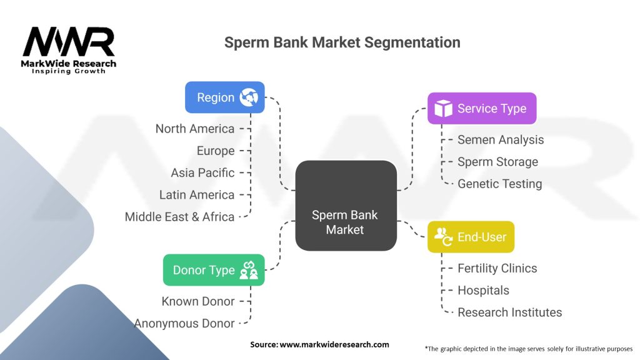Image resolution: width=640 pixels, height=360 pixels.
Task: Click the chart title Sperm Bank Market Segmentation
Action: click(342, 42)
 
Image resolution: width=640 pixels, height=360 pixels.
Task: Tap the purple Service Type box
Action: click(481, 109)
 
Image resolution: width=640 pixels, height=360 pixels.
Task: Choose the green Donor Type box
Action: click(213, 270)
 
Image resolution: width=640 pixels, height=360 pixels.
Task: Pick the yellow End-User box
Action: click(471, 237)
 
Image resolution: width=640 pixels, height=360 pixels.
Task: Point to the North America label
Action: click(195, 129)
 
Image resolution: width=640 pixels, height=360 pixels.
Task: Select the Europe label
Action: click(216, 151)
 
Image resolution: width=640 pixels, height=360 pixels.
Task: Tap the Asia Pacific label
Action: click(202, 172)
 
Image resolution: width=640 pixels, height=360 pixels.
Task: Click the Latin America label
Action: click(197, 195)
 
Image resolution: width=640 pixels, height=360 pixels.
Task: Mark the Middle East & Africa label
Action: click(179, 217)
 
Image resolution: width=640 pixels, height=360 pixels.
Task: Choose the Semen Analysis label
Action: click(501, 140)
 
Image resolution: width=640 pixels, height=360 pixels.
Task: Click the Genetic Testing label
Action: click(499, 184)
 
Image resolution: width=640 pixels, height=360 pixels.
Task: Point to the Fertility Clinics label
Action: click(497, 268)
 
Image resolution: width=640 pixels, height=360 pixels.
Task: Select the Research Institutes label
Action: click(509, 312)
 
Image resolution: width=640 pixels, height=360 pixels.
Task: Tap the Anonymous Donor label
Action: click(184, 323)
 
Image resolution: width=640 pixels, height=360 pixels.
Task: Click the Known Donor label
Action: click(197, 301)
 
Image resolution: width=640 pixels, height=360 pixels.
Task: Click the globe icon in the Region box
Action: click(249, 97)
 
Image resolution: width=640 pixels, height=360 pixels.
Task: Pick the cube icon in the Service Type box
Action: click(443, 109)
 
